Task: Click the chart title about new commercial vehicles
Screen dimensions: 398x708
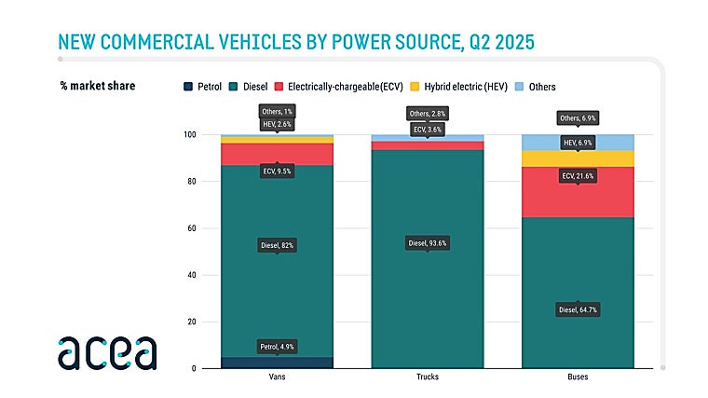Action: (x=295, y=42)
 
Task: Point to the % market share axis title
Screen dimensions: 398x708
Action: (x=97, y=87)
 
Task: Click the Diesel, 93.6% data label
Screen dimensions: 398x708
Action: (x=429, y=243)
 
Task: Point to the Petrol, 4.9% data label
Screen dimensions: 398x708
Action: (x=277, y=348)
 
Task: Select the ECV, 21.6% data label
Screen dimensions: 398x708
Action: (x=578, y=175)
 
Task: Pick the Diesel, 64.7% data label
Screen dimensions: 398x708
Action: (x=578, y=309)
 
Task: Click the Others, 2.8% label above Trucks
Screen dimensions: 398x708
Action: (x=429, y=114)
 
